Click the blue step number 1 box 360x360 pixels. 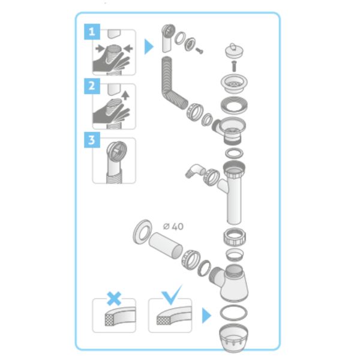pyautogui.click(x=92, y=32)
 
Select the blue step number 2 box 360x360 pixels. pyautogui.click(x=92, y=86)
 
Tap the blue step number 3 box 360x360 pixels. pyautogui.click(x=92, y=140)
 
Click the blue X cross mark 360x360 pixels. pyautogui.click(x=114, y=298)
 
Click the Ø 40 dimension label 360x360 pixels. pyautogui.click(x=173, y=227)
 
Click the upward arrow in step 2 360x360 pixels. pyautogui.click(x=125, y=95)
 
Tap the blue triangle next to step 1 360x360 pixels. pyautogui.click(x=149, y=47)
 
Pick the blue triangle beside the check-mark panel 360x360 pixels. pyautogui.click(x=206, y=316)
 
